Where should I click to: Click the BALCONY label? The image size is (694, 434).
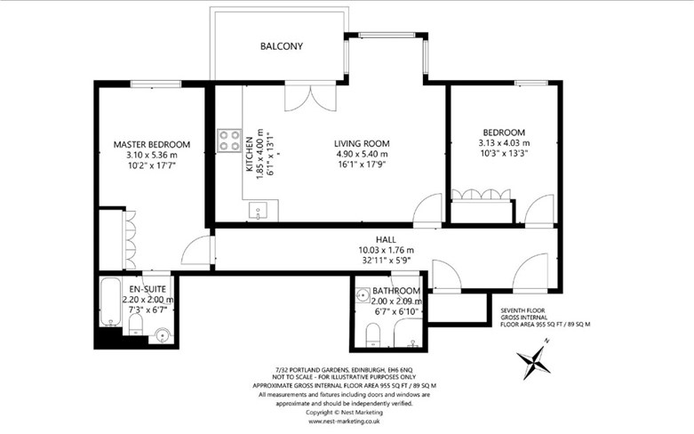(x=281, y=46)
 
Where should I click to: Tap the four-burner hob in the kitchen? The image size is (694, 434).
(x=229, y=141)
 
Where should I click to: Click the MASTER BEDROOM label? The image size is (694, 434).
(x=152, y=144)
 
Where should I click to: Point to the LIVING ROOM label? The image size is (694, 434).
(x=362, y=143)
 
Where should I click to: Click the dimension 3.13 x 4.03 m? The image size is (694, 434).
(x=504, y=143)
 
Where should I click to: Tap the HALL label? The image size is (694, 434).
(x=386, y=239)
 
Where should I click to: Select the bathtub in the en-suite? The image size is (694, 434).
(x=111, y=301)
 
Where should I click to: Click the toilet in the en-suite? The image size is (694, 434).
(x=135, y=325)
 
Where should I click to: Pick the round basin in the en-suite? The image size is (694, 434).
(x=163, y=336)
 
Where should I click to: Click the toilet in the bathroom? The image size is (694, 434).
(x=373, y=334)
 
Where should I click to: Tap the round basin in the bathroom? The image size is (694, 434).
(x=363, y=295)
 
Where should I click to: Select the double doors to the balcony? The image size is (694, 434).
(x=310, y=98)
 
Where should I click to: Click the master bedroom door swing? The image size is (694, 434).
(x=197, y=250)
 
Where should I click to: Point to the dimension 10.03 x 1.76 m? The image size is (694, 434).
(x=386, y=250)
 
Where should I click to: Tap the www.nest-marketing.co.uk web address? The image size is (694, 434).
(x=344, y=422)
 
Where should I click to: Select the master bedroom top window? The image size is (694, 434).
(x=156, y=84)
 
